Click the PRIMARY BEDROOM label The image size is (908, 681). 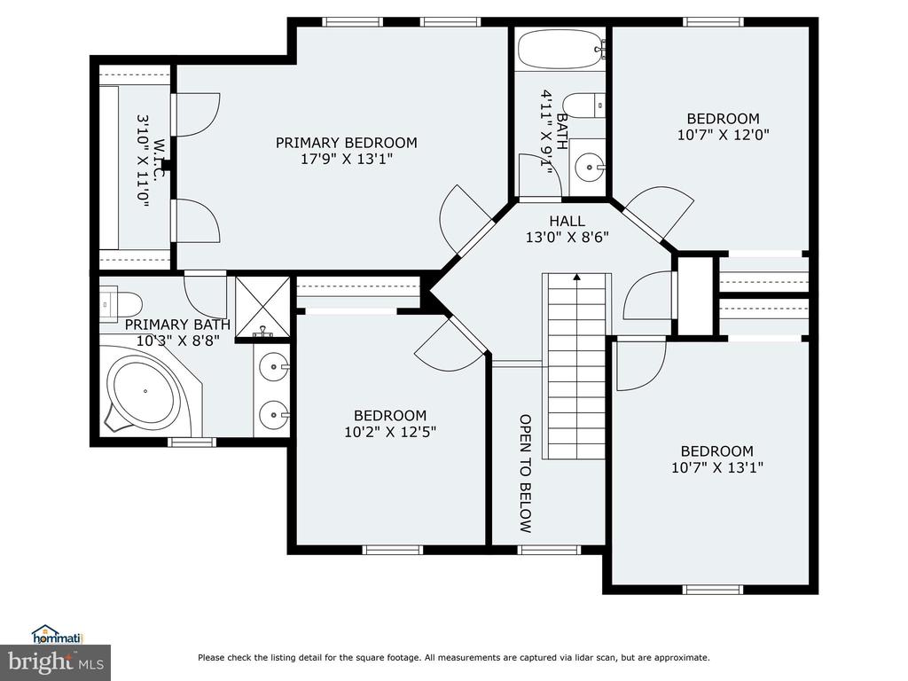347,143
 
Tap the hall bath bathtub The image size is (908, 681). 560,50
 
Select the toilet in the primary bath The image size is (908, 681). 121,303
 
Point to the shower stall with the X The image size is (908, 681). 262,307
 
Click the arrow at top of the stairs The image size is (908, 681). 576,278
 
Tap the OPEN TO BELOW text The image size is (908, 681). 525,474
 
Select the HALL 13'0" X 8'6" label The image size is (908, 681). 567,229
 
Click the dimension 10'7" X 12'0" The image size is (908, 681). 724,135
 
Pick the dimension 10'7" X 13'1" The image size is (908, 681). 716,467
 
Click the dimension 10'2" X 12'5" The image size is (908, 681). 390,432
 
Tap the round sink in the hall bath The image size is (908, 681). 589,167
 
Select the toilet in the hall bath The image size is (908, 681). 583,106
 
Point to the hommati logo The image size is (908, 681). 58,635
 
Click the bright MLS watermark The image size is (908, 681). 56,662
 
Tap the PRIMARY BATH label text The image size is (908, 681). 177,325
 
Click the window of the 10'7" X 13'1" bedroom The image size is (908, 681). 712,590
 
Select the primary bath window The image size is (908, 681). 192,442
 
